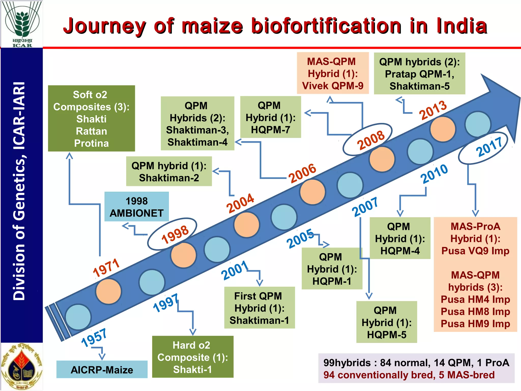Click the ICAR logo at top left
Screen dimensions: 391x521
coord(22,24)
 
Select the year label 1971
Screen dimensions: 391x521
coord(106,268)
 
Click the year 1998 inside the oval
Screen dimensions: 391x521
coord(175,234)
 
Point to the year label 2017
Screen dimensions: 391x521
coord(489,147)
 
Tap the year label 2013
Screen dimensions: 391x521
coord(433,110)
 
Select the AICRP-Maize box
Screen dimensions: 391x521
coord(102,369)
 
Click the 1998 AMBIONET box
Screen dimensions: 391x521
coord(137,207)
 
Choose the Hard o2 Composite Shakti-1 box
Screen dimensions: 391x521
coord(193,357)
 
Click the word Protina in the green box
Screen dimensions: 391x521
coord(91,143)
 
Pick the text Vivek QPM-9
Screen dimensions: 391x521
coord(333,86)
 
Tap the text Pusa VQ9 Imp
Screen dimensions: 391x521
coord(475,251)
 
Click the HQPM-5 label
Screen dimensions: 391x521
coord(386,335)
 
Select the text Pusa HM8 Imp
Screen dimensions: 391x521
coord(475,312)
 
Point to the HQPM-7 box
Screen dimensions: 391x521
coord(270,117)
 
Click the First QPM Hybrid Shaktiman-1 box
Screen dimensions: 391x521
coord(259,308)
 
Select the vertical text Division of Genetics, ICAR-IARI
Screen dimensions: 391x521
coord(20,191)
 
